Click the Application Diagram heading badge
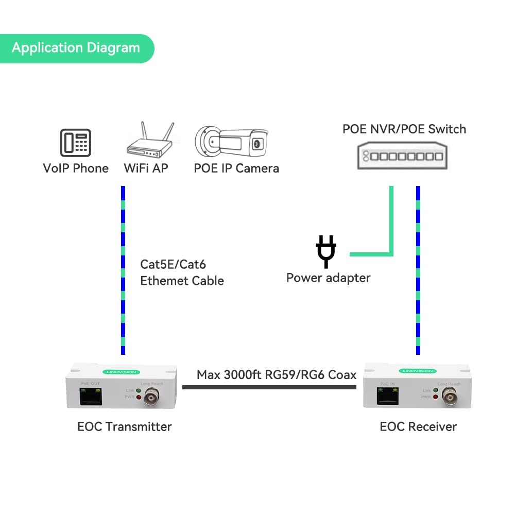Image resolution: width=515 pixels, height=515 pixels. [x=76, y=48]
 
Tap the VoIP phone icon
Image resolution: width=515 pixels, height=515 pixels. [x=76, y=142]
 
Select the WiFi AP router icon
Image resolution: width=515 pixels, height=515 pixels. [x=149, y=142]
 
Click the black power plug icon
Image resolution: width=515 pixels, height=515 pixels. [x=326, y=251]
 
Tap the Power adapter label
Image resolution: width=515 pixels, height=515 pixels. [x=329, y=278]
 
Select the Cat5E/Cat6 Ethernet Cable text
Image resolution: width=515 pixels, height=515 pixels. [x=182, y=272]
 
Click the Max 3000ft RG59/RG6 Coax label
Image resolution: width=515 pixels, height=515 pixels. [x=277, y=374]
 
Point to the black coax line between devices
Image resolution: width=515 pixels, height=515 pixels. [x=269, y=387]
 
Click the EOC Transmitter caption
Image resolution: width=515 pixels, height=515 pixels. [x=125, y=426]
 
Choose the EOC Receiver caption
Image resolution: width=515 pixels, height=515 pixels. [x=418, y=426]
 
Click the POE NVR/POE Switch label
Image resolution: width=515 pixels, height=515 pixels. [x=404, y=129]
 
